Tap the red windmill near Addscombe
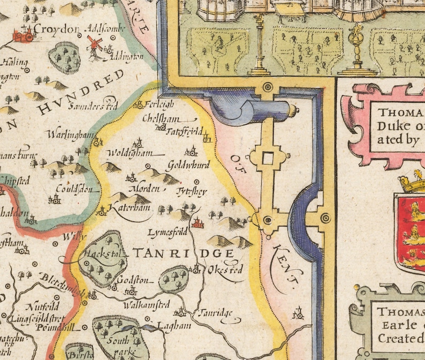click(x=95, y=43)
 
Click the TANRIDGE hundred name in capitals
click(x=182, y=253)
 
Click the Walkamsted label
click(x=146, y=305)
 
